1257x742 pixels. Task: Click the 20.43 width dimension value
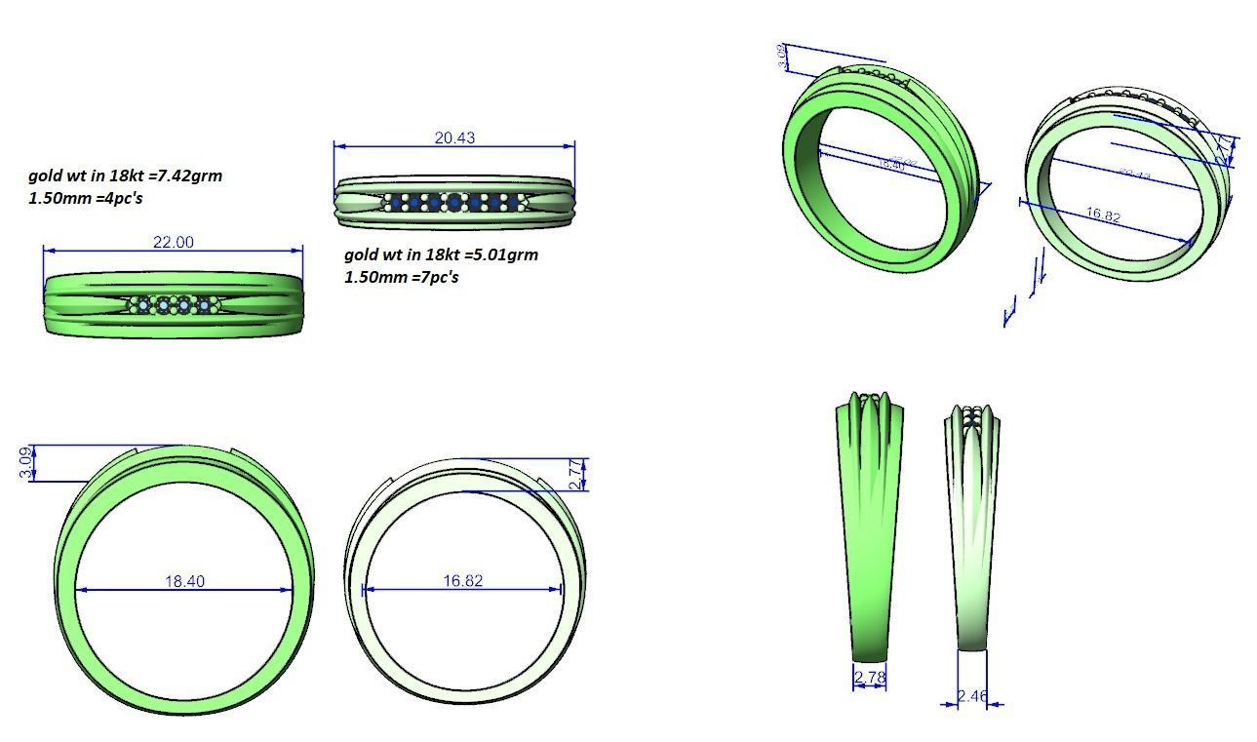click(454, 137)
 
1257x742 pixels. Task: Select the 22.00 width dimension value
click(173, 242)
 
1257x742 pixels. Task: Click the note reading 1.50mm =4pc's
click(88, 198)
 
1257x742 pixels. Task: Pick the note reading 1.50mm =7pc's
click(401, 277)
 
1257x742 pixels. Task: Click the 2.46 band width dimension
click(971, 695)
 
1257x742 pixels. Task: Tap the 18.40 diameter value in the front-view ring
click(184, 581)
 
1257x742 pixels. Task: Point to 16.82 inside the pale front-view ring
click(462, 580)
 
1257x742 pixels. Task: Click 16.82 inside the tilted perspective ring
click(1102, 215)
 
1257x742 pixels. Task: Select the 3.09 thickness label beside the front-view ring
click(25, 462)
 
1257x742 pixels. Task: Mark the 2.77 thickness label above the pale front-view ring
click(574, 473)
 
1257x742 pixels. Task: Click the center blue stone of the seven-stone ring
click(453, 202)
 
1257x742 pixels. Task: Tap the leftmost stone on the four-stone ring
click(144, 305)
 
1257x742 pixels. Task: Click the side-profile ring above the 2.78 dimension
click(869, 527)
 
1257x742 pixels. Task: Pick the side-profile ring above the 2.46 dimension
click(971, 527)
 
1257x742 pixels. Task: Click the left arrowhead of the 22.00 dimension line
click(47, 251)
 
